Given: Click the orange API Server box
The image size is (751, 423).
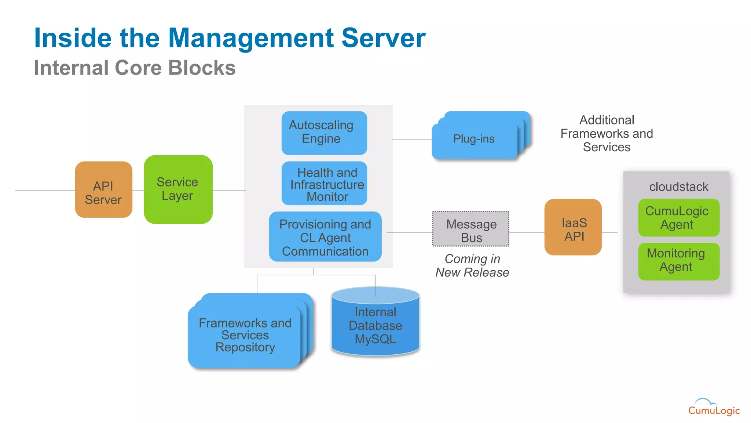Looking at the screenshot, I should (103, 190).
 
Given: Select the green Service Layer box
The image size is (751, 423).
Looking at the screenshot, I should (178, 189).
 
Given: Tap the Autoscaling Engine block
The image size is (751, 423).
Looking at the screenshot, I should (324, 133).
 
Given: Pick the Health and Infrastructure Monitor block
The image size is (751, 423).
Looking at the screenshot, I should (324, 184).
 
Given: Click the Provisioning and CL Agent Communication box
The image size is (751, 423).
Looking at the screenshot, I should (325, 237).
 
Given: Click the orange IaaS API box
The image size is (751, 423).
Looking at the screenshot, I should (573, 227).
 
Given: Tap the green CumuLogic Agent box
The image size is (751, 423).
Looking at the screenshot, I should (678, 218).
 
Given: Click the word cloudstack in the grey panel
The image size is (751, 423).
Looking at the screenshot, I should (678, 187).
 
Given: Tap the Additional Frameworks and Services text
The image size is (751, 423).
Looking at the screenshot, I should (607, 134).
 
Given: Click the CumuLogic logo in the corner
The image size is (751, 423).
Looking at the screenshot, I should (714, 408).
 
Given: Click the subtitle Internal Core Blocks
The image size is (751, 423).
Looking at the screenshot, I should (135, 68).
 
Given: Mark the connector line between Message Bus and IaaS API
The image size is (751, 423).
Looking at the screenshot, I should (527, 232).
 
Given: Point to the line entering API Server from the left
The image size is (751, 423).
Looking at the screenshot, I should (44, 190).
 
